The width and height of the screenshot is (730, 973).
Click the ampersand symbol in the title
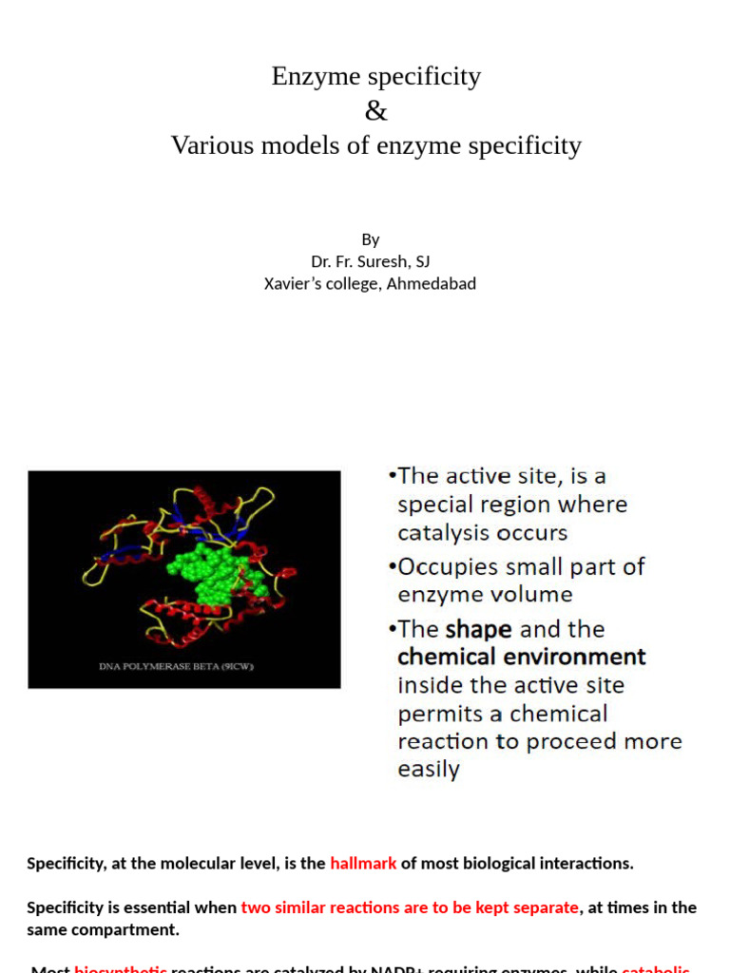tap(376, 111)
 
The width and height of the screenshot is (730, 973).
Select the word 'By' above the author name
tap(371, 239)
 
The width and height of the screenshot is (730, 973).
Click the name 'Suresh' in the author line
tap(384, 261)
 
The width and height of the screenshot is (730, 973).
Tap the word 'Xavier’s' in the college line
tap(294, 283)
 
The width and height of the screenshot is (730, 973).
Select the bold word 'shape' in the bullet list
tap(479, 629)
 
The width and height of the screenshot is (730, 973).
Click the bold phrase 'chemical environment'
tap(521, 657)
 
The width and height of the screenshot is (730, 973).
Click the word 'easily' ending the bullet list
tap(429, 769)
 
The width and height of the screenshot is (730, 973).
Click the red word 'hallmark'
tap(363, 864)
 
